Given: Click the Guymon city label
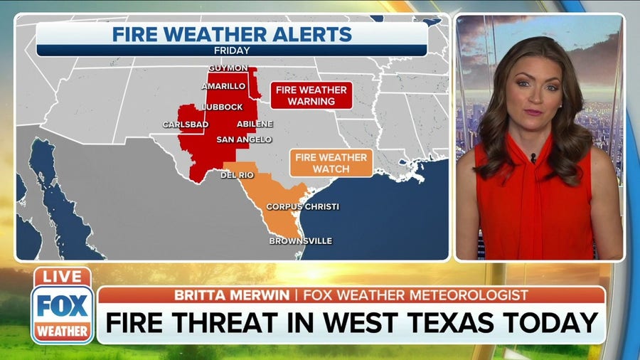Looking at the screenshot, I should [x=229, y=68].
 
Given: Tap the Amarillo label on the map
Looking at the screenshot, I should [x=224, y=86].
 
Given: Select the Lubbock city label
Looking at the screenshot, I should [x=222, y=107].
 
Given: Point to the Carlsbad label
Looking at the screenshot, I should [x=186, y=124].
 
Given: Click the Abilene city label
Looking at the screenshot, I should [x=255, y=124].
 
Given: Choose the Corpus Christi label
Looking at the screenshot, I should [x=302, y=206].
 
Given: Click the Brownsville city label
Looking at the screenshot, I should [x=300, y=240].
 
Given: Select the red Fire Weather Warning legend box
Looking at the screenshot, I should [x=311, y=95].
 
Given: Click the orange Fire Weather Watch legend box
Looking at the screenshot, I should [x=331, y=163].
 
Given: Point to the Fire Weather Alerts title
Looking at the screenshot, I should [x=231, y=33].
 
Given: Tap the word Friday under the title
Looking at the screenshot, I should [x=231, y=51].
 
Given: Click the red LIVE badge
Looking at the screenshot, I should [x=62, y=277].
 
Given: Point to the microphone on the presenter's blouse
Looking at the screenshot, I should [x=533, y=157].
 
